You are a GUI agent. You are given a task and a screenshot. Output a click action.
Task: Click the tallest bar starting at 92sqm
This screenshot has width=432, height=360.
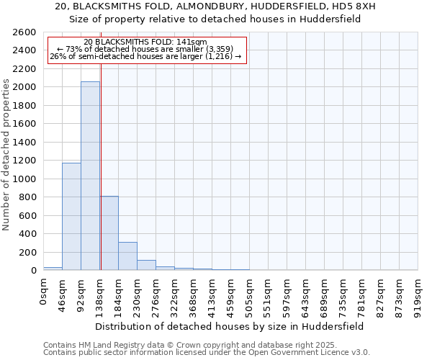point(90,176)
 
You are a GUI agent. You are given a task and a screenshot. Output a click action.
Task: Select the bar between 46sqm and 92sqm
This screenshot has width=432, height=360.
point(71,216)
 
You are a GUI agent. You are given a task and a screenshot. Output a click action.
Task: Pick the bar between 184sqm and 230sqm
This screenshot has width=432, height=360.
point(127,256)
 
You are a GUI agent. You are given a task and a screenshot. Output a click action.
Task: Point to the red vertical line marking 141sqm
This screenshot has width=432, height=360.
point(101,144)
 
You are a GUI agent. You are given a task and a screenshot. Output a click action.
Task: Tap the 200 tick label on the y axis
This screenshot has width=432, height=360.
point(28,252)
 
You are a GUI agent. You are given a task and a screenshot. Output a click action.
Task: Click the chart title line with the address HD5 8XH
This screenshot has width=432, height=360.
point(215,6)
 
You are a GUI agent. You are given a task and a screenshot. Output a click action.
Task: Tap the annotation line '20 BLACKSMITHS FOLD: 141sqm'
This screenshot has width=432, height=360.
point(145,42)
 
